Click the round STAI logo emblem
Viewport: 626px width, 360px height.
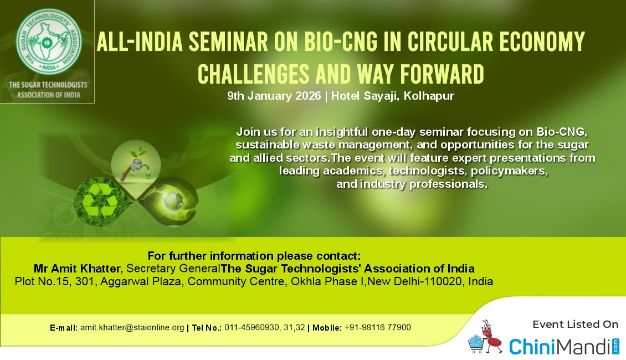point(49,42)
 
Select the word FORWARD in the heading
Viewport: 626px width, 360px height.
point(442,74)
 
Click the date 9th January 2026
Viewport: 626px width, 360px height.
point(274,96)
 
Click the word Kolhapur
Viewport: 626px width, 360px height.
point(429,96)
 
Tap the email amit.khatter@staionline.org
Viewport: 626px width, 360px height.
point(132,327)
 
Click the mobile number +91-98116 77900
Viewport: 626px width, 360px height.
point(378,327)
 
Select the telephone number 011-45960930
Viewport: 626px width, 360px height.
point(252,327)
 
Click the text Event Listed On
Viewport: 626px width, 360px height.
point(575,325)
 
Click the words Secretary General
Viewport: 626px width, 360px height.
point(173,268)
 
